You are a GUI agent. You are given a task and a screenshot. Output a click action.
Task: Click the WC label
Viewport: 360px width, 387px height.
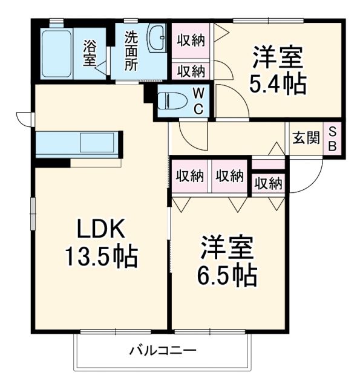tap(198, 100)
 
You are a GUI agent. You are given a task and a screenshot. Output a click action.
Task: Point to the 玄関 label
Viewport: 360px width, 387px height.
tap(306, 138)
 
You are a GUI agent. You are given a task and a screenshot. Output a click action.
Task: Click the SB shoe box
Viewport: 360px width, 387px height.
tap(333, 139)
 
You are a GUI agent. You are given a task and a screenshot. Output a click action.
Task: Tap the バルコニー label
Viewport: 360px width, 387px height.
tap(162, 351)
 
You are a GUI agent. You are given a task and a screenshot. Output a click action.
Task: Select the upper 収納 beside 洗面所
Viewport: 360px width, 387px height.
tap(191, 41)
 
